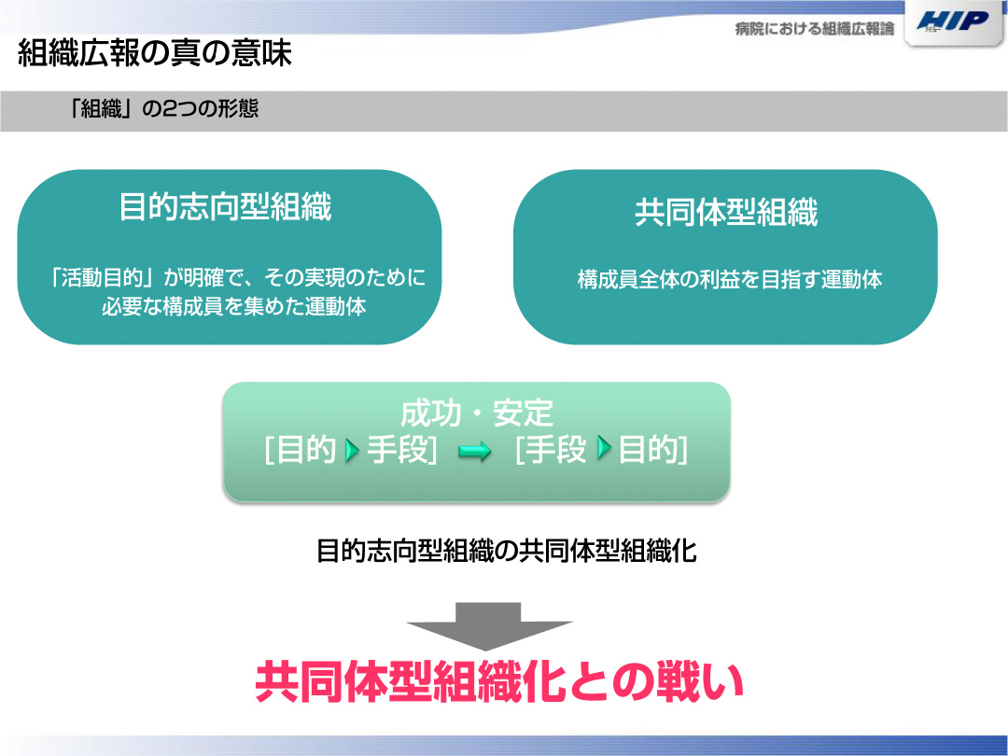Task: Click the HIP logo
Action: click(x=953, y=21)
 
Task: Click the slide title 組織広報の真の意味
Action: click(x=155, y=52)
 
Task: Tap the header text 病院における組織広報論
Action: click(x=815, y=29)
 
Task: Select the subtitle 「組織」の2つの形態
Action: click(x=163, y=108)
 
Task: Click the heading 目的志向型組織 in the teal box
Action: click(x=226, y=207)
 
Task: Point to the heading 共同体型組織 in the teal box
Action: click(x=726, y=212)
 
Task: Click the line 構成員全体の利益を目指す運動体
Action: click(x=730, y=280)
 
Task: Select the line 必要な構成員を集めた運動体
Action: click(x=234, y=306)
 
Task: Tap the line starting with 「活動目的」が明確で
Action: click(x=236, y=278)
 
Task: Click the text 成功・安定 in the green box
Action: click(x=476, y=413)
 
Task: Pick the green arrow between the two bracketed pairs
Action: click(x=474, y=452)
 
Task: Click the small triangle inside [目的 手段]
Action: click(x=352, y=450)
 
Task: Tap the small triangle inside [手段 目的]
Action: click(x=604, y=447)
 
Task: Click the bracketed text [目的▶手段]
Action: click(x=351, y=449)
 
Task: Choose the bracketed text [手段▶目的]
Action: click(x=602, y=449)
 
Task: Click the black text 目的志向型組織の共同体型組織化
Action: click(x=507, y=551)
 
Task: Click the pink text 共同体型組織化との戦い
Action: click(x=498, y=682)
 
